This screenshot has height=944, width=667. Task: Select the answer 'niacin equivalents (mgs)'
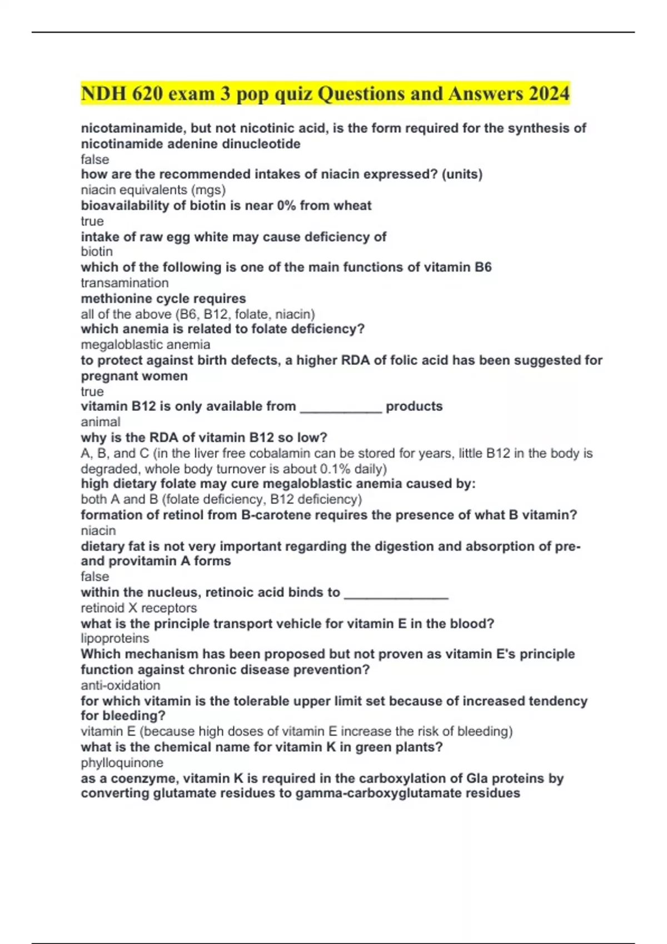click(153, 190)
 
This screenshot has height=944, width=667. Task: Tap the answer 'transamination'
click(125, 283)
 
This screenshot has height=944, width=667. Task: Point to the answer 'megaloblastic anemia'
click(145, 345)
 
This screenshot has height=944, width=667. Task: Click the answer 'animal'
click(100, 422)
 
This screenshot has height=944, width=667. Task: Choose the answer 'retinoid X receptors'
click(138, 608)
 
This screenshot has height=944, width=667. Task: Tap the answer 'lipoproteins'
click(115, 639)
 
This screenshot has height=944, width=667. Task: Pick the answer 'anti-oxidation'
click(120, 685)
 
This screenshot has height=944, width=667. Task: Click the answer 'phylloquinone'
click(122, 763)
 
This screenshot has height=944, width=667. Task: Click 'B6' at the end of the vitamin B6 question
click(483, 267)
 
